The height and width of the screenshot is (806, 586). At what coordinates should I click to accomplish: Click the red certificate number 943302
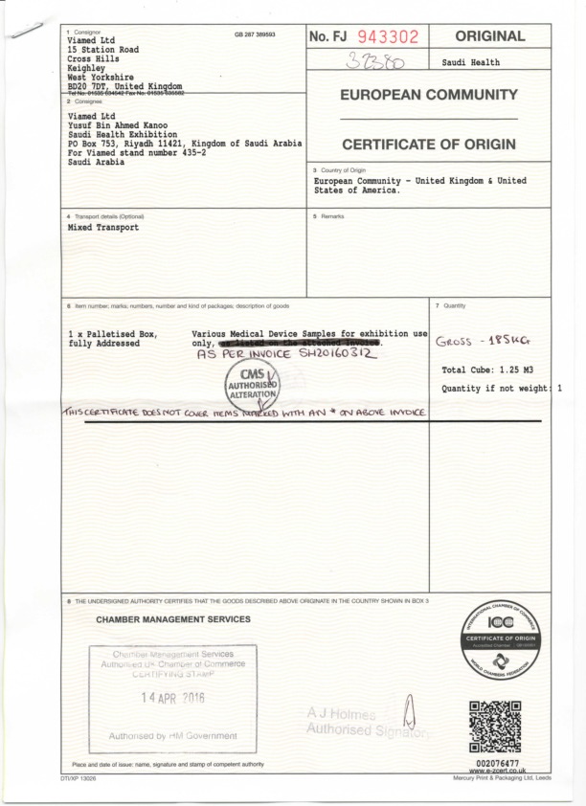[x=388, y=37]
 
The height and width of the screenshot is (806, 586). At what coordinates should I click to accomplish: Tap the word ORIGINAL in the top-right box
[x=491, y=36]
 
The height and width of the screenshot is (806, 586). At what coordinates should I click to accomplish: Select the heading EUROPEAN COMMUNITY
[x=428, y=95]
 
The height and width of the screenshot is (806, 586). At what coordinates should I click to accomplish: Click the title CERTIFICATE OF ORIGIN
[x=428, y=145]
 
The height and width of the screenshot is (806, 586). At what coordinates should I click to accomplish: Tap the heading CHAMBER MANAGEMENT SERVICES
[x=173, y=619]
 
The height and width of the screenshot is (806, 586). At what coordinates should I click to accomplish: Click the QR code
[x=497, y=726]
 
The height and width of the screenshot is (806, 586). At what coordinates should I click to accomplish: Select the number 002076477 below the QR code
[x=497, y=762]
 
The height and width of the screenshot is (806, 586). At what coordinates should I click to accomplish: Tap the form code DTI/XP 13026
[x=72, y=778]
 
